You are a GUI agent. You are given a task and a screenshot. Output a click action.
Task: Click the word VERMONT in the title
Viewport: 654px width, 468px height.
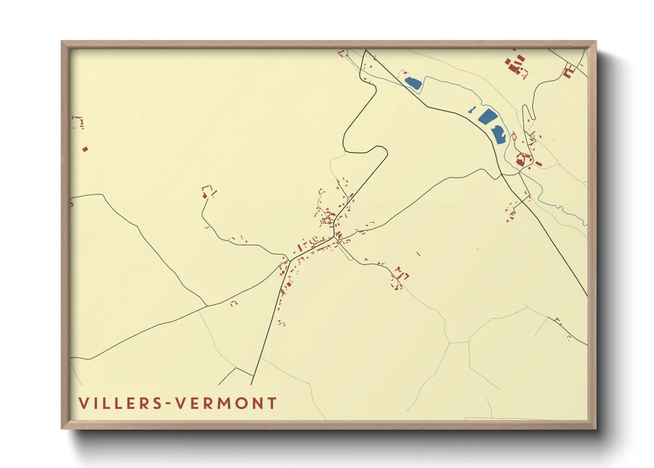point(226,403)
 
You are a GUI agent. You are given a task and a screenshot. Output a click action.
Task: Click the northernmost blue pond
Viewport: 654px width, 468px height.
point(413,83)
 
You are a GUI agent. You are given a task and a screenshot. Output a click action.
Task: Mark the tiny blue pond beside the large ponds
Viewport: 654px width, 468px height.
point(471,110)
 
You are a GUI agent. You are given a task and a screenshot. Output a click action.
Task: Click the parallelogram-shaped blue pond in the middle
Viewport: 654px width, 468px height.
point(488,116)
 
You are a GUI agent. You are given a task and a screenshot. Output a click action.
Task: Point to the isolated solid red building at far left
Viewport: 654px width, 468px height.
point(85,149)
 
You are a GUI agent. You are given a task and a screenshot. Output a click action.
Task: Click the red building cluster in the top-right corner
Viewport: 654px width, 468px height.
point(516,65)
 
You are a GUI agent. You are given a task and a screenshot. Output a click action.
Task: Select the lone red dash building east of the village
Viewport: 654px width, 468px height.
point(418,254)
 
